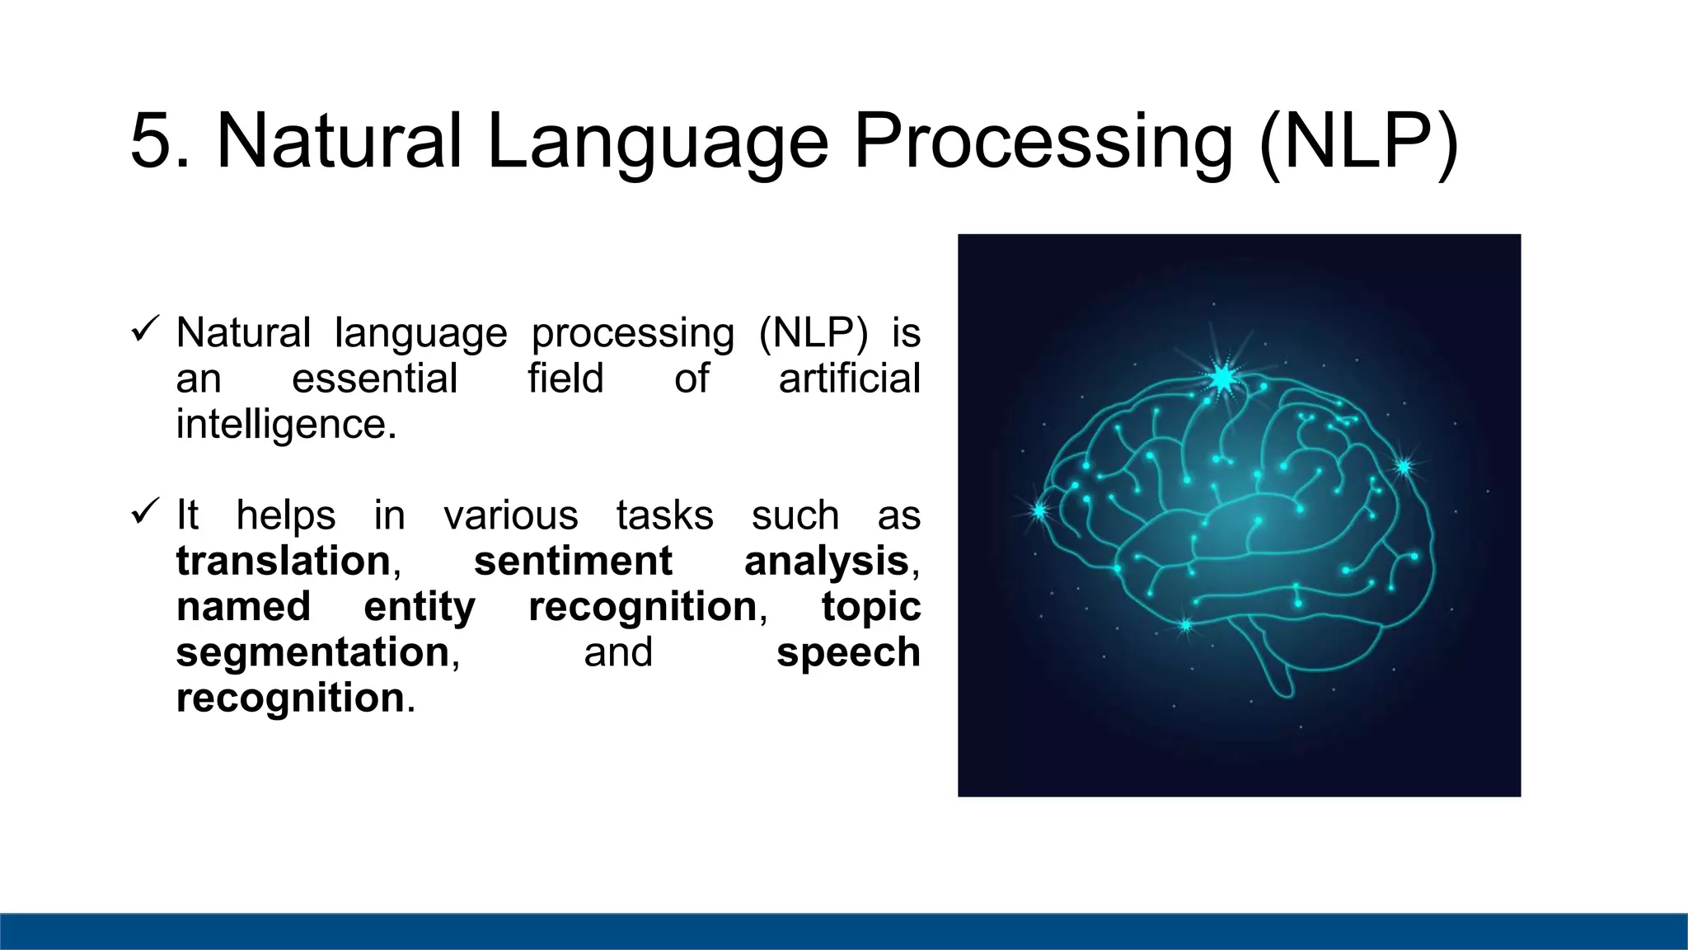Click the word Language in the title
[657, 142]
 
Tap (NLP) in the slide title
[1358, 142]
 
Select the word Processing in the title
[1043, 142]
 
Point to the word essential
[374, 379]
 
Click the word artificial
[849, 379]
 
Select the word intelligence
[280, 425]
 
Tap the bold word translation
[283, 562]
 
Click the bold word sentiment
[573, 562]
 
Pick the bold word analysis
[826, 562]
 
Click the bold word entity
[420, 608]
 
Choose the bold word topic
[871, 608]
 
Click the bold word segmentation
[312, 652]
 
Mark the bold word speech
[848, 653]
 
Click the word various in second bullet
[511, 516]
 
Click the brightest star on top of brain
[1223, 379]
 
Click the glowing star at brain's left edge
[1039, 511]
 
